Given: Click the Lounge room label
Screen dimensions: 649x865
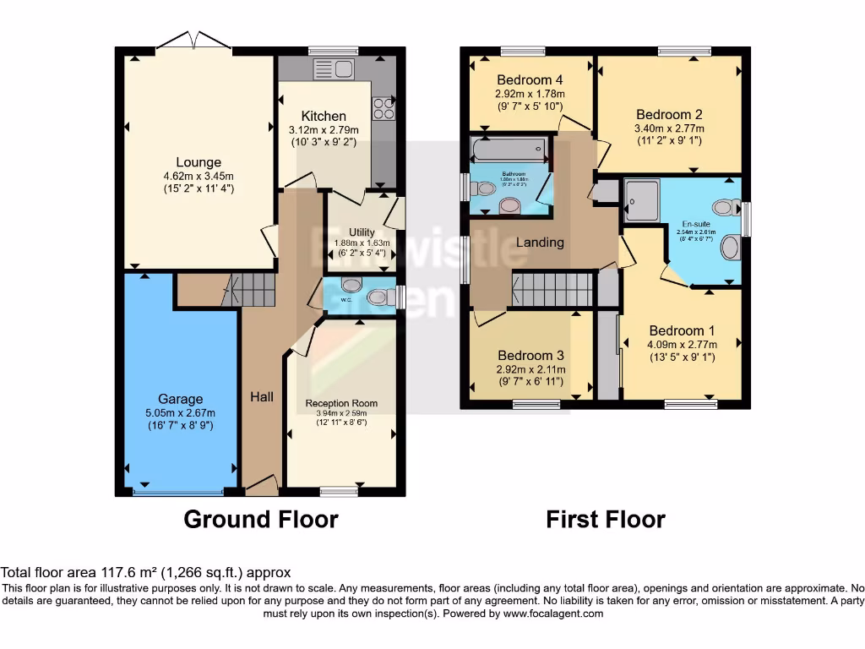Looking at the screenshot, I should pos(199,162).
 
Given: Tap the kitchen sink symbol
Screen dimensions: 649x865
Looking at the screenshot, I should pos(334,68).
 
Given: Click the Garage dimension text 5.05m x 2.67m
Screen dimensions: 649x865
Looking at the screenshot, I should pos(181,413).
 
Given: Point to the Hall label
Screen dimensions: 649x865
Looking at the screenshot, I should pos(262,395).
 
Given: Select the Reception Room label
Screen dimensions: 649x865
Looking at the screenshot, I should pos(341,403).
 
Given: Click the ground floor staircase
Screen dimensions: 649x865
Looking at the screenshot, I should pos(254,291).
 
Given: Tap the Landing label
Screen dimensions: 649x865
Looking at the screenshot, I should pos(540,243).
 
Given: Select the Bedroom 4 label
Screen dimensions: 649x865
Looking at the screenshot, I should pos(530,81).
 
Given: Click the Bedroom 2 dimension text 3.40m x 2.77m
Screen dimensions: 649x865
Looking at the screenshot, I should pos(669,129).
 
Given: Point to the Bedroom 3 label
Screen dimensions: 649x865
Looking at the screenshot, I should pos(530,356).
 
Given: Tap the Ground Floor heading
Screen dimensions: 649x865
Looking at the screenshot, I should pos(261,519).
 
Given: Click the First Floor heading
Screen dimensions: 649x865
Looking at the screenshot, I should pos(606,519).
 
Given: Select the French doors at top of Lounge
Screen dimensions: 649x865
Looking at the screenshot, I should pos(193,41).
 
